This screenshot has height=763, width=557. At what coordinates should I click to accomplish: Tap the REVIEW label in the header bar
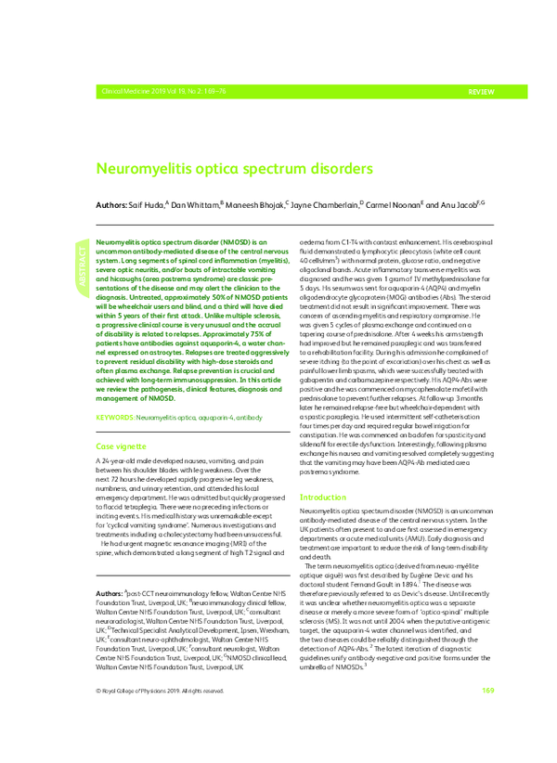(x=481, y=94)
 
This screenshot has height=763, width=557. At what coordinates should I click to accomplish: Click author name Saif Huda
(x=146, y=202)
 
